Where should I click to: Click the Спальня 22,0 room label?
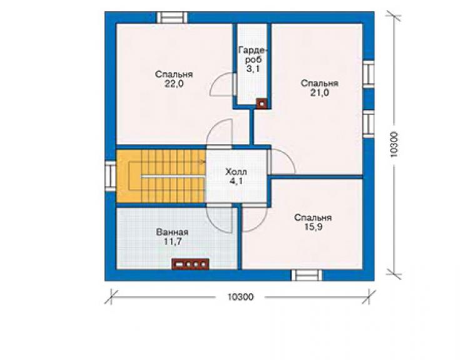174,79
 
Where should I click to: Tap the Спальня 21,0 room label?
320,88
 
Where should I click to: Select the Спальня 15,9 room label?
313,222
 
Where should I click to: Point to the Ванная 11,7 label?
173,237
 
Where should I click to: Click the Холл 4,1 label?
237,176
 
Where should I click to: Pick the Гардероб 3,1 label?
253,59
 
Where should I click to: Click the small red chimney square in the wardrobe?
262,104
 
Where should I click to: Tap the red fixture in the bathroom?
191,264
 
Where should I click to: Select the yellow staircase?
161,176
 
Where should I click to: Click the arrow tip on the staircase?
205,162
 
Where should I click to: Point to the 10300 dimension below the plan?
240,297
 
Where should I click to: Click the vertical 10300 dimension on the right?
394,145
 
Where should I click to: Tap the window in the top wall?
172,18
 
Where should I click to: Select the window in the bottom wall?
307,275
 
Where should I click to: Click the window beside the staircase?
111,176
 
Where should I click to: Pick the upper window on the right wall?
369,74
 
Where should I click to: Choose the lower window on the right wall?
369,124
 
